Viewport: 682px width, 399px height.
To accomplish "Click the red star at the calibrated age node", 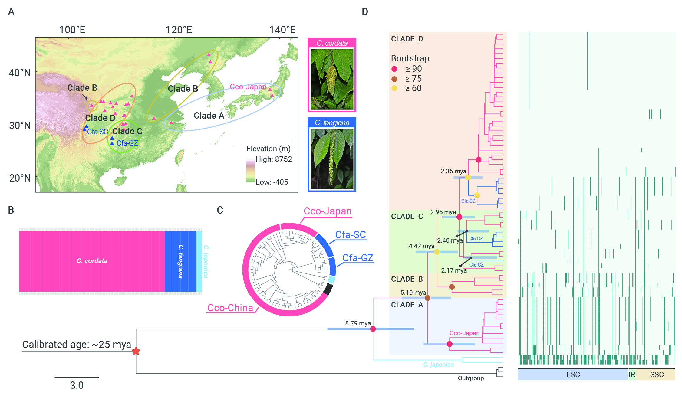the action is coord(136,351).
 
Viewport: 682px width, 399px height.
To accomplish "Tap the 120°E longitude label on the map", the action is coord(179,30).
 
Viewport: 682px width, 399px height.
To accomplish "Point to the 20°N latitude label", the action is coord(20,178).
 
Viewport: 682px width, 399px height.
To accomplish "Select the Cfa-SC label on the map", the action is coord(97,132).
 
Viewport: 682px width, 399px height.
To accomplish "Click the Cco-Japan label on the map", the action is coord(248,87).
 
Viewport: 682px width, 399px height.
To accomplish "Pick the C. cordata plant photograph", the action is coord(332,79).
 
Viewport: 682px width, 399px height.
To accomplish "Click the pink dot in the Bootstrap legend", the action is coord(394,69).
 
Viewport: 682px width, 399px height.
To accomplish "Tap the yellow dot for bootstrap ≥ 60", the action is coord(394,88).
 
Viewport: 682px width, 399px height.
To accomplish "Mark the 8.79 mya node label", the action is coord(358,323).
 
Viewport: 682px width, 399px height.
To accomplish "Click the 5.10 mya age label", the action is coord(413,293).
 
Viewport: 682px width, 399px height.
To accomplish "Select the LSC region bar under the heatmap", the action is coord(573,374).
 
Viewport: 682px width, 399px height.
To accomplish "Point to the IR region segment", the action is coord(632,374).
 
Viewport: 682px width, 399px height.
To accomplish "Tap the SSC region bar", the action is coord(656,374).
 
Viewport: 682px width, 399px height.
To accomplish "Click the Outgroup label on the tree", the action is coord(471,378).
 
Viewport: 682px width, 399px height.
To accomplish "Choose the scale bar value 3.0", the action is coord(77,385).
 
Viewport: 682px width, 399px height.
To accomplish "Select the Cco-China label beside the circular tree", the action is coord(230,308).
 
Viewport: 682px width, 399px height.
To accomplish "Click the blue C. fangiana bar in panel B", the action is coord(180,261).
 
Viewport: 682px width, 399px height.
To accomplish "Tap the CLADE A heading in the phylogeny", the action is coord(407,305).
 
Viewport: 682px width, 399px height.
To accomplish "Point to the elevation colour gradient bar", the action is coord(251,171).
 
